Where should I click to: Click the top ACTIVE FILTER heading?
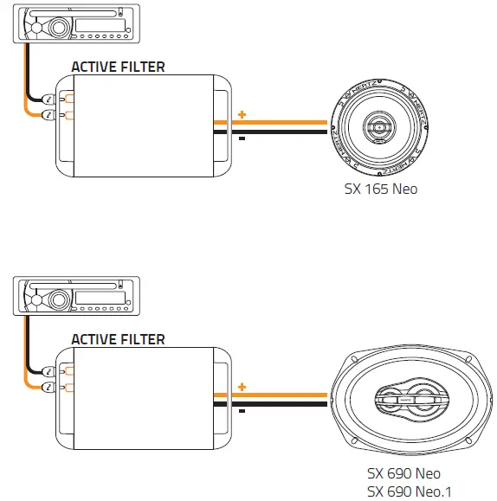coord(117,67)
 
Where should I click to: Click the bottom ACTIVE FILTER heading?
coord(117,340)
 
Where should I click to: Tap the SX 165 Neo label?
coord(380,188)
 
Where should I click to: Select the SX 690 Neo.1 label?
coord(410,491)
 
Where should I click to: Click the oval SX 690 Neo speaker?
coord(412,401)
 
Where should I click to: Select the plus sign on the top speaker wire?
coord(242,114)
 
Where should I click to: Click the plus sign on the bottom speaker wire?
coord(242,387)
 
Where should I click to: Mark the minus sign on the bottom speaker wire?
coord(242,412)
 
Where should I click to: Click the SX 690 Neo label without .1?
coord(403,473)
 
